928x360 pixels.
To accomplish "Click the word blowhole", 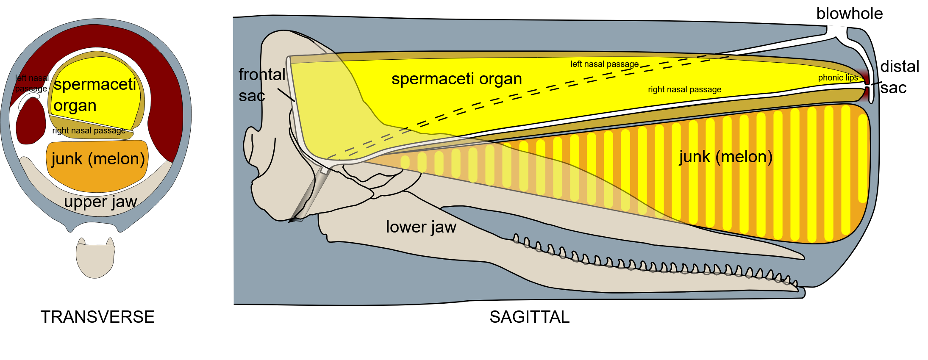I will coord(849,14).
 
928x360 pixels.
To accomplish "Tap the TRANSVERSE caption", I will coord(97,317).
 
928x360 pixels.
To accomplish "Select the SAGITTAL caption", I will coord(529,317).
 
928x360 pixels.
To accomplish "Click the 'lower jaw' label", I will coord(421,227).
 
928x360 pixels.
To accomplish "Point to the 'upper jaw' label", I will coord(100,202).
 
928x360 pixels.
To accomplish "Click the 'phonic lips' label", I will coord(838,78).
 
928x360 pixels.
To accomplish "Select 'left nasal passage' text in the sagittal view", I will coord(604,64).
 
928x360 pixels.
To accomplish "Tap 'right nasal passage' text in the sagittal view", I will coord(684,89).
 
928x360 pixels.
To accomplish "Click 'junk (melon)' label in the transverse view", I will coord(98,159).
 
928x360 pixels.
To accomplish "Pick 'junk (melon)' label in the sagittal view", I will coord(725,157).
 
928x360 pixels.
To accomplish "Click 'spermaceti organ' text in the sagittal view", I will coord(456,79).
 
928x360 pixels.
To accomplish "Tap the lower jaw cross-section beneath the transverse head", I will coord(95,260).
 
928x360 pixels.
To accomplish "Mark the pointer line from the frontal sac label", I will coord(286,95).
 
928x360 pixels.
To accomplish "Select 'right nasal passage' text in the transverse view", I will coord(89,130).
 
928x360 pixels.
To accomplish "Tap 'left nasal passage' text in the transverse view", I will coord(31,83).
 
